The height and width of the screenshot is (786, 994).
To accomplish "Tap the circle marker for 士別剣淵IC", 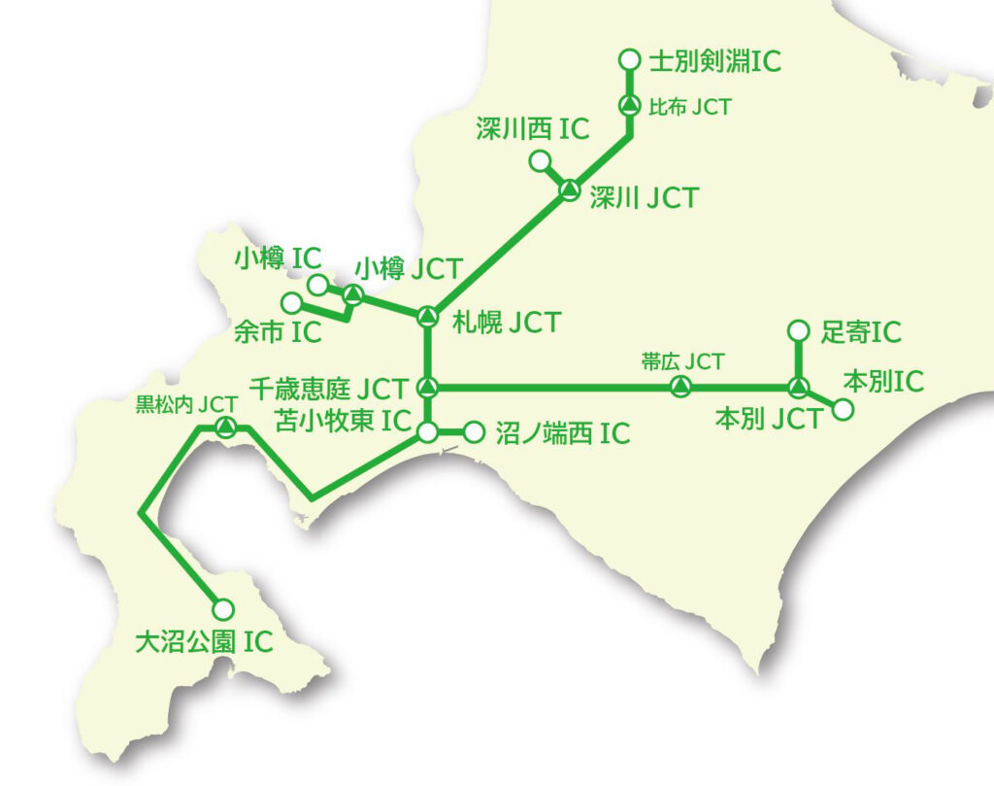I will point(628,60).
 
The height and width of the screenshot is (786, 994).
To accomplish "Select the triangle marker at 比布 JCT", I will point(628,106).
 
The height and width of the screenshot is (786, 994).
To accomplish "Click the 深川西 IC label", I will point(533,129).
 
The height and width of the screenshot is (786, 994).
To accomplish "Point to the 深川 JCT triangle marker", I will point(570,190).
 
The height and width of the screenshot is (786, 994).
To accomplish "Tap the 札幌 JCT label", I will point(507,322).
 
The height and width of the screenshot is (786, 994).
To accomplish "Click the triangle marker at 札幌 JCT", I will point(427,316).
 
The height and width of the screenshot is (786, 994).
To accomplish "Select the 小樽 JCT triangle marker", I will point(352,294).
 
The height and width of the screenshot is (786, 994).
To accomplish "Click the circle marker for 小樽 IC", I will point(317,285).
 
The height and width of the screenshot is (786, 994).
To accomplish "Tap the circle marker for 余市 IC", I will point(291,302).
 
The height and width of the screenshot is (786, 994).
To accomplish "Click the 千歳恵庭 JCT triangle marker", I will point(427,388).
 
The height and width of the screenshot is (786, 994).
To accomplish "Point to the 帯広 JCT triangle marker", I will point(681,388).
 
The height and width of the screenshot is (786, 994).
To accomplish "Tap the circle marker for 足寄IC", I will point(798,330).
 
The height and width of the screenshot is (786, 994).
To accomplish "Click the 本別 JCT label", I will point(768,420).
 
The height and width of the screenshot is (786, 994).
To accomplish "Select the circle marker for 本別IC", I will point(844,409).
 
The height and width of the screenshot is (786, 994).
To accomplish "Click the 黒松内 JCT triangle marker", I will point(225,427).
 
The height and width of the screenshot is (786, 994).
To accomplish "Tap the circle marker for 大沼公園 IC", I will point(223,609).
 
